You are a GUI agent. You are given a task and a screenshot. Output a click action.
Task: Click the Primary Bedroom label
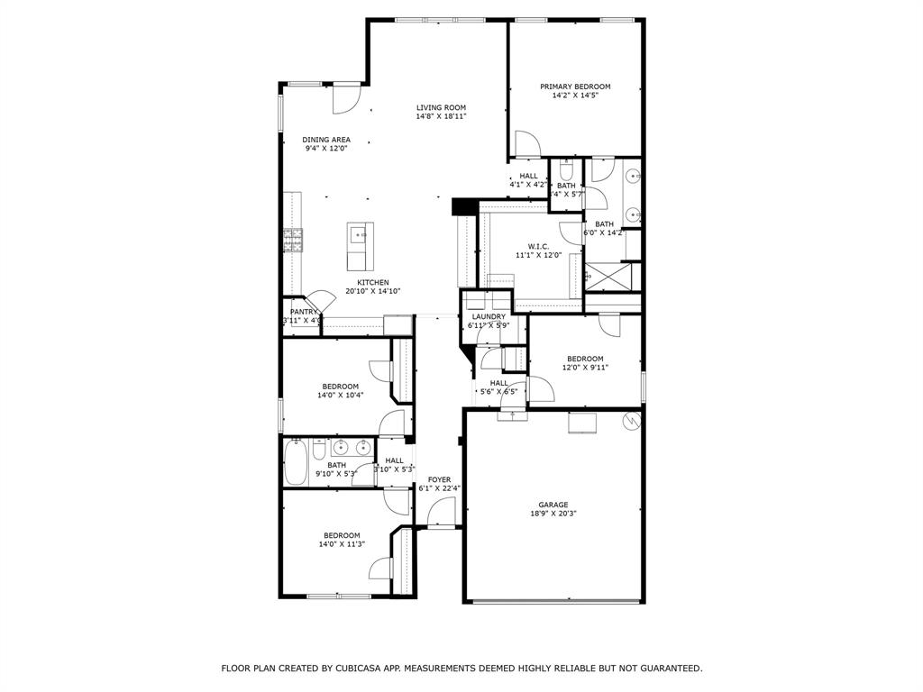(575, 86)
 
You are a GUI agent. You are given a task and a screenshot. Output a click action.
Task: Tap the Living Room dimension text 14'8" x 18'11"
(441, 117)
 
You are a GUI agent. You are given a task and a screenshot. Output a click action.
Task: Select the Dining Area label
(326, 140)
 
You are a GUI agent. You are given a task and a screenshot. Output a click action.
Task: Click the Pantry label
(304, 312)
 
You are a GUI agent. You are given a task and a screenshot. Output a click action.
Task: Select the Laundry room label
(488, 316)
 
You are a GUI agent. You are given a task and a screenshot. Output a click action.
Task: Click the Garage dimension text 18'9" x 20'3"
(553, 514)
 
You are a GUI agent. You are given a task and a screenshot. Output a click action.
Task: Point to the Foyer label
(439, 479)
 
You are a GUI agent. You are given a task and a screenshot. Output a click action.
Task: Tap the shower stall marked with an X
(610, 276)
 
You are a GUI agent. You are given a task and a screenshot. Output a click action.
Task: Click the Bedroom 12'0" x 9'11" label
(585, 359)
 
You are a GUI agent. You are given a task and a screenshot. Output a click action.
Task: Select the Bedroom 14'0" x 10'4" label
(341, 387)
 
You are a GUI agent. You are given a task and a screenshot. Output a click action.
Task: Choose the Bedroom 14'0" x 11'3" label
(342, 535)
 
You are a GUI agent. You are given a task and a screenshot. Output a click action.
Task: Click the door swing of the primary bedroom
(527, 144)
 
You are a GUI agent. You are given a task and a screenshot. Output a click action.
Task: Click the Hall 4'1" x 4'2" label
(528, 176)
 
